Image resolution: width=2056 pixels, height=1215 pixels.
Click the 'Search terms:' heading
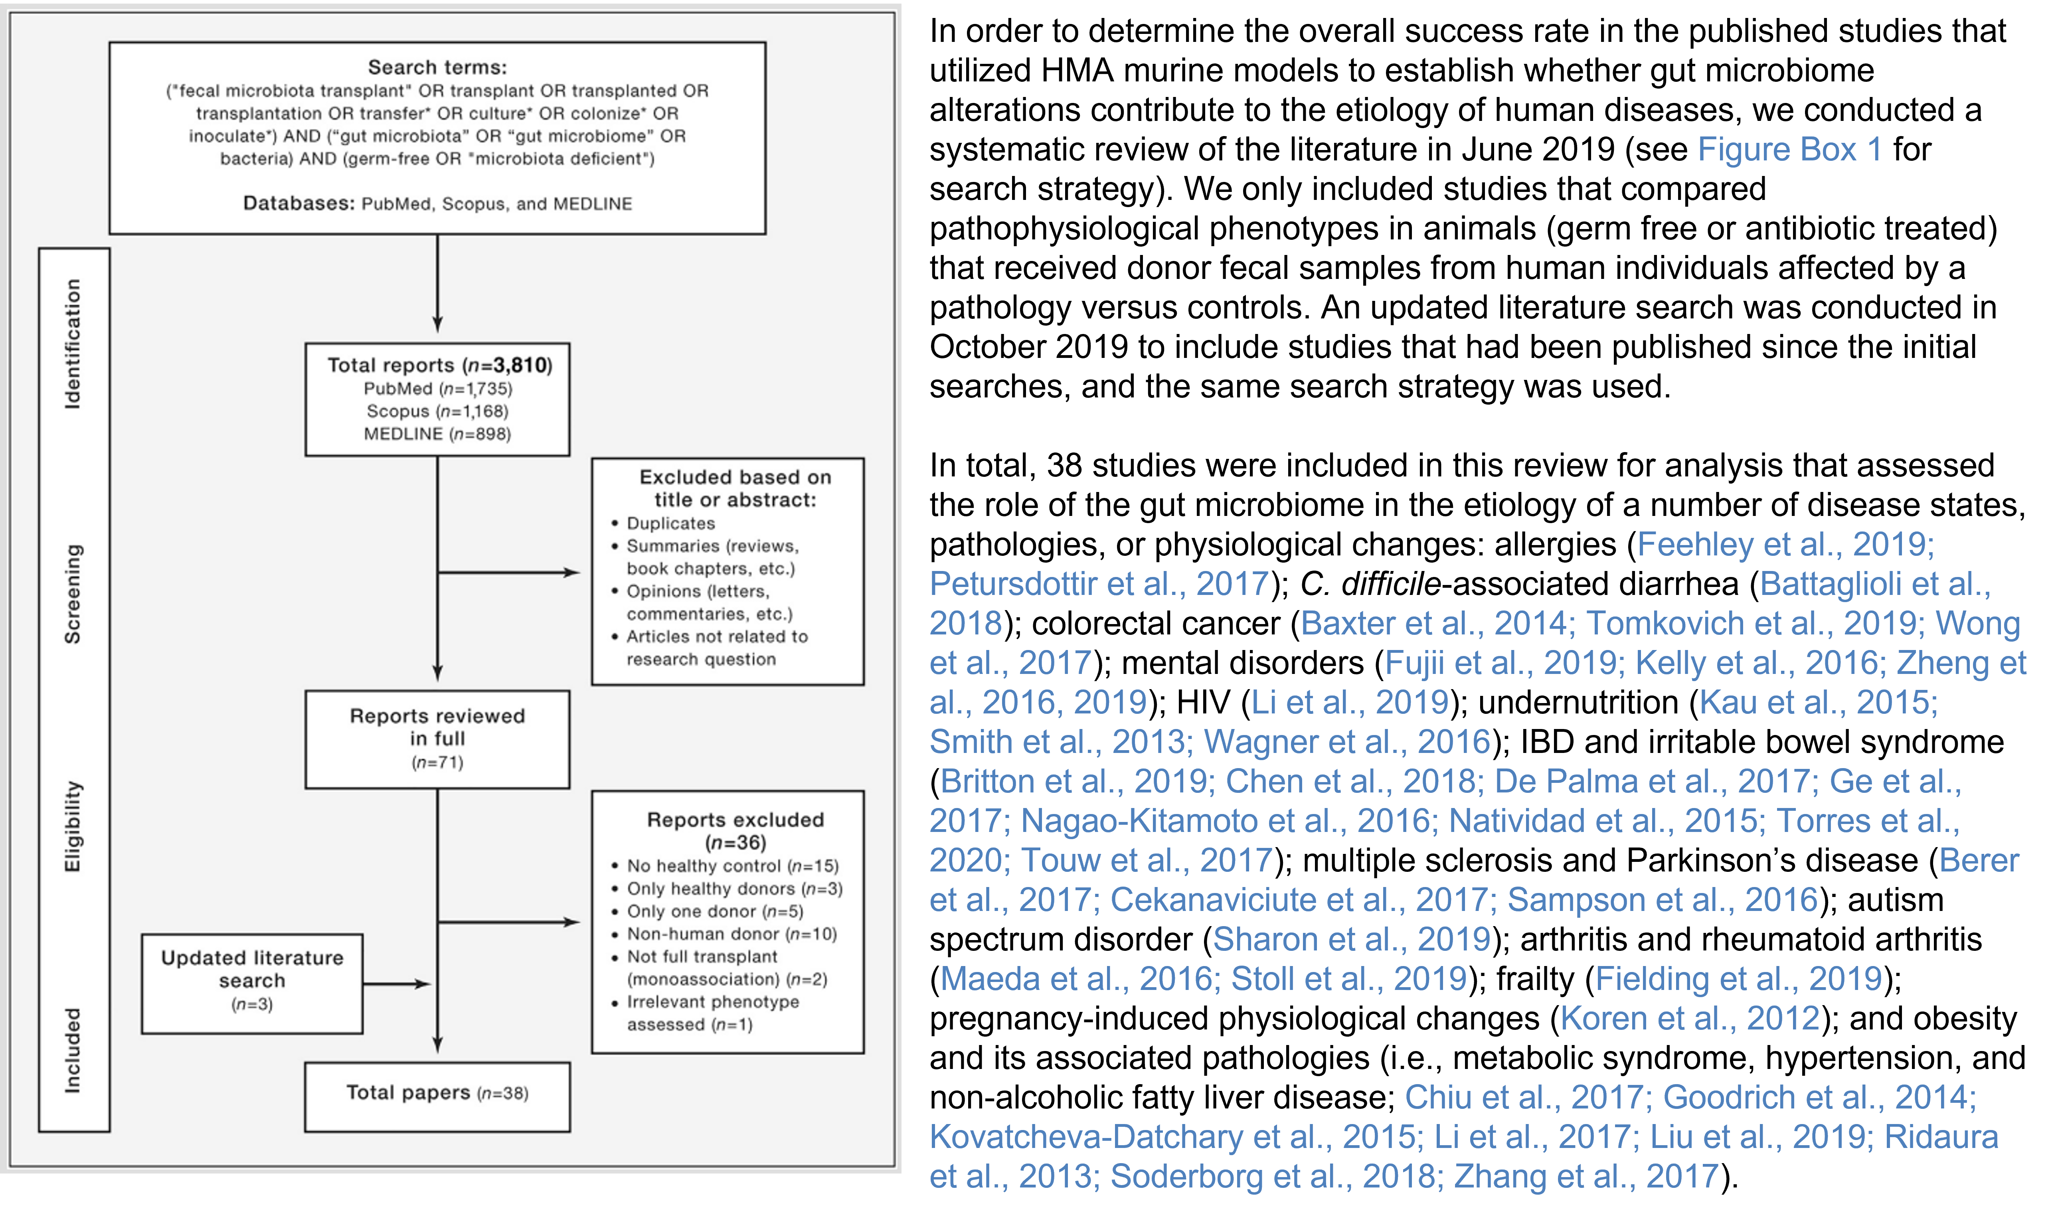[437, 67]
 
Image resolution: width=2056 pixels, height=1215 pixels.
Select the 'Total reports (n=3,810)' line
[440, 365]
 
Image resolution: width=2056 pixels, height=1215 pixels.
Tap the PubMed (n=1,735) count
[437, 389]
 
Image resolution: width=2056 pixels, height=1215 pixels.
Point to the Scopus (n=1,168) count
[437, 411]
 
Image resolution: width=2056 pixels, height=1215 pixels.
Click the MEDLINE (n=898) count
[437, 434]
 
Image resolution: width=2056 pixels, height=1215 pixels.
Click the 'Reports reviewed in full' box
[437, 739]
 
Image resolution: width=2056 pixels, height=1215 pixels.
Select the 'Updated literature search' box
[252, 982]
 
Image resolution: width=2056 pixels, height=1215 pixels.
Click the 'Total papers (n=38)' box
[437, 1094]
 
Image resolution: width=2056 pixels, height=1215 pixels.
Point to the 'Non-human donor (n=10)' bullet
[731, 934]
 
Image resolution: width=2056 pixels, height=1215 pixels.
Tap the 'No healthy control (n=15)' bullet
[732, 866]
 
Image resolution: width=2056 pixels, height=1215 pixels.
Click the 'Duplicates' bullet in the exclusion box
[670, 523]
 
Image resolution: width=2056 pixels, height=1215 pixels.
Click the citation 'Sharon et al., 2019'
[1351, 940]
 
